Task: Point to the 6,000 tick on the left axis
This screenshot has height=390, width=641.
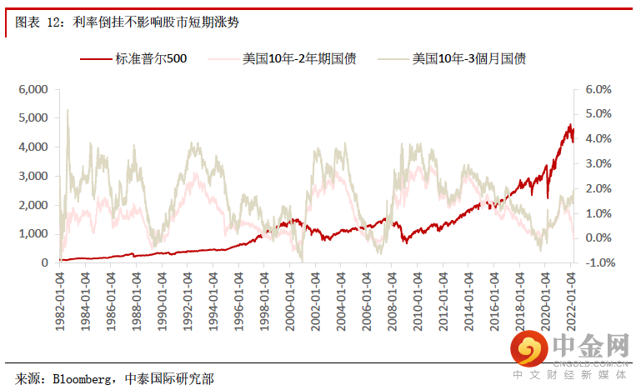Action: coord(34,89)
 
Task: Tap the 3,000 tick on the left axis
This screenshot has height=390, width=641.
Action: coord(34,176)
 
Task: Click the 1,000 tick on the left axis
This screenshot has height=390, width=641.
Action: coord(34,234)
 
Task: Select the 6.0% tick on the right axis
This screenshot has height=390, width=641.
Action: coord(598,89)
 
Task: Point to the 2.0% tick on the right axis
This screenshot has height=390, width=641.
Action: coord(598,188)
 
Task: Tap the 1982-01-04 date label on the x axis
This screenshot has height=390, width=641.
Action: coord(60,300)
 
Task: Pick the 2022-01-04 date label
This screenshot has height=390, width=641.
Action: coord(571,300)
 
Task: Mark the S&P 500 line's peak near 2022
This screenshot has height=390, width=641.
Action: coord(570,125)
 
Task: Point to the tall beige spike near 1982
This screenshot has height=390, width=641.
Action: coord(68,111)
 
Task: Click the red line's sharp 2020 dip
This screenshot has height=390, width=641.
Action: coord(548,197)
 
